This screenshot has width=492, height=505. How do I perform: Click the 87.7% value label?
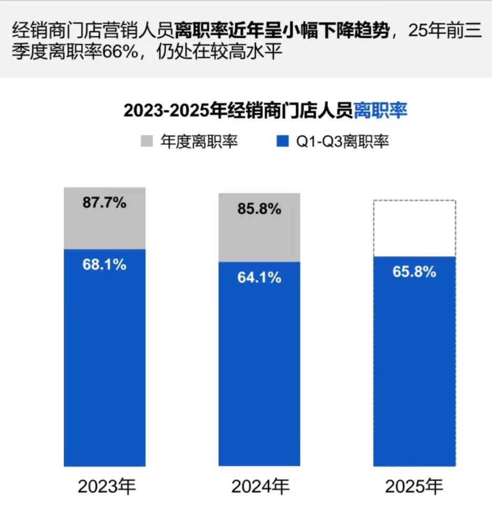104,203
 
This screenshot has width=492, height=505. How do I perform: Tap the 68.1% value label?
104,264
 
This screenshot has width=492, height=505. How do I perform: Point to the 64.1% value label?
259,277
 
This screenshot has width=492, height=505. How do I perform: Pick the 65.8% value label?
414,272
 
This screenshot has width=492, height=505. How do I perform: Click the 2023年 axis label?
107,486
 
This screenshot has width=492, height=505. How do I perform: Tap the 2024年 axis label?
260,486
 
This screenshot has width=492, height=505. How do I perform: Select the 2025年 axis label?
414,486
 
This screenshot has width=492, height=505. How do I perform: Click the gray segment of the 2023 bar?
104,226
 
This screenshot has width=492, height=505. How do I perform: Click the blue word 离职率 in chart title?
380,111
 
